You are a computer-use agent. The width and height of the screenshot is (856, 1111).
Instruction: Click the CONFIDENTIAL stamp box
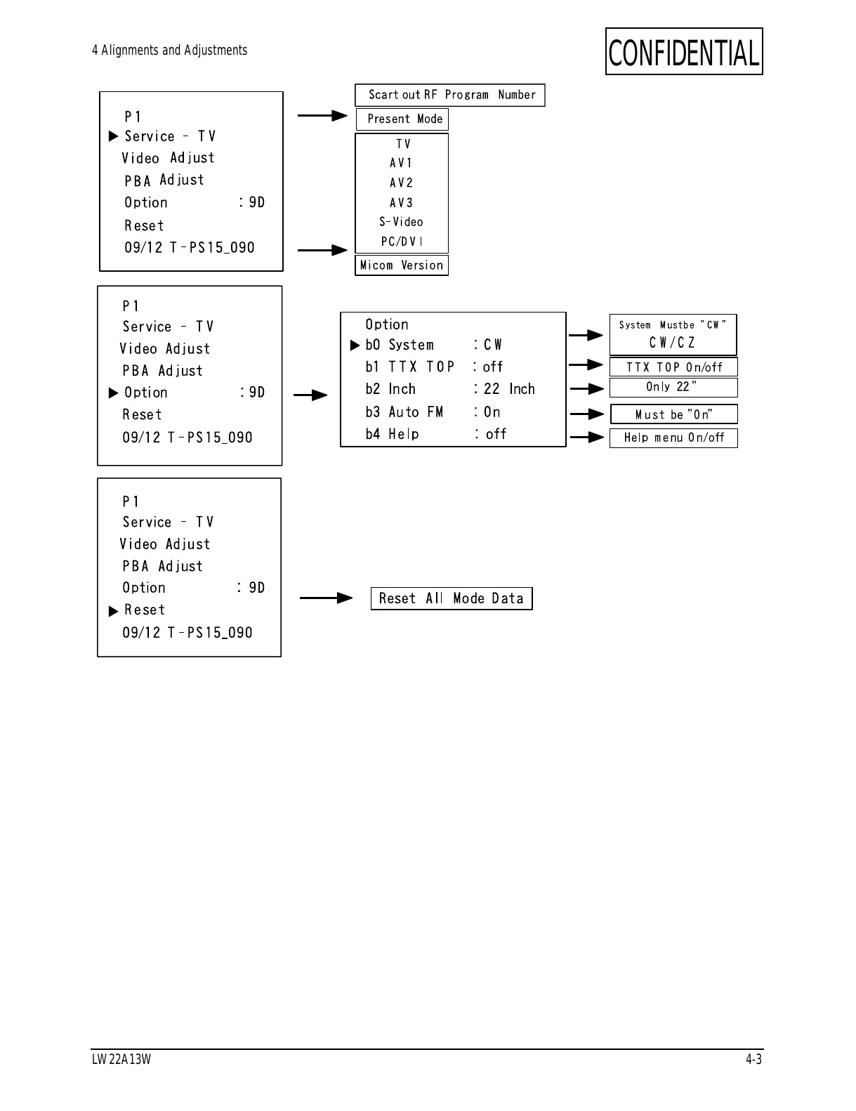[684, 52]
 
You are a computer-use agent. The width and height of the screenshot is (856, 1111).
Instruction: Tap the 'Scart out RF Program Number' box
[450, 96]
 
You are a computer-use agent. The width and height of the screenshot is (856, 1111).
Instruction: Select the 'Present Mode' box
[402, 119]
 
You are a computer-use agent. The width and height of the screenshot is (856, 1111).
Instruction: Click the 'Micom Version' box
[402, 265]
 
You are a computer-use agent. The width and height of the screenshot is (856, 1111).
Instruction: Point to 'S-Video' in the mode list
[402, 222]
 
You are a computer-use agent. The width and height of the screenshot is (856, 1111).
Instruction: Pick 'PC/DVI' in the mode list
[402, 242]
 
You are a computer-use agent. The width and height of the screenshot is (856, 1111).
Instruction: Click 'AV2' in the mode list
[402, 183]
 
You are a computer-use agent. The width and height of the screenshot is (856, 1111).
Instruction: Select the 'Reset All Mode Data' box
[452, 599]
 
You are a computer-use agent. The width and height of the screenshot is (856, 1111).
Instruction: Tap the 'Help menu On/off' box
[673, 438]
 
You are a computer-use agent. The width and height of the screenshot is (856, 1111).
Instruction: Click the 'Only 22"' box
[673, 387]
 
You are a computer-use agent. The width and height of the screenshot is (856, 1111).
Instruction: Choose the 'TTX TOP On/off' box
[673, 367]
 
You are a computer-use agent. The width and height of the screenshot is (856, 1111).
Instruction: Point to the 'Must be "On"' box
[673, 414]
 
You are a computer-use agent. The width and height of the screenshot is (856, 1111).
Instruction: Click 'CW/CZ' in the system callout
[672, 343]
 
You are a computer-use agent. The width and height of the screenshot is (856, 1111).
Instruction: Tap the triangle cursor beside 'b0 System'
[355, 346]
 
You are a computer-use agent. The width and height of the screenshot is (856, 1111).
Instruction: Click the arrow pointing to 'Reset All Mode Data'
[326, 598]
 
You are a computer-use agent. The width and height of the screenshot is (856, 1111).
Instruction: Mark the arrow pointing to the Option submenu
[310, 395]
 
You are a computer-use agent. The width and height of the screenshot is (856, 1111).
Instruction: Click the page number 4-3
[753, 1060]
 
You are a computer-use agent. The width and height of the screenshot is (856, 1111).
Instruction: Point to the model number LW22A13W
[121, 1060]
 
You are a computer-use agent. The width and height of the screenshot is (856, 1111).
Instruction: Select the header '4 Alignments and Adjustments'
[169, 51]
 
